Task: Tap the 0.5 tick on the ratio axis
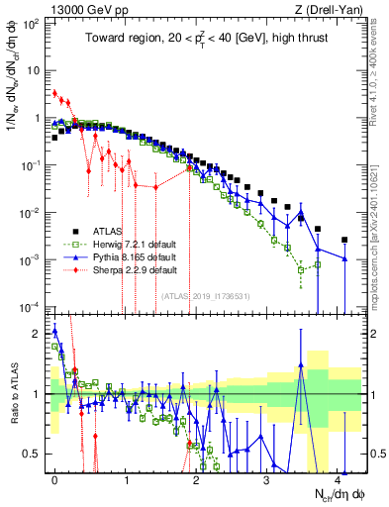click(36, 455)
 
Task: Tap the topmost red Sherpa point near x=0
click(55, 93)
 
